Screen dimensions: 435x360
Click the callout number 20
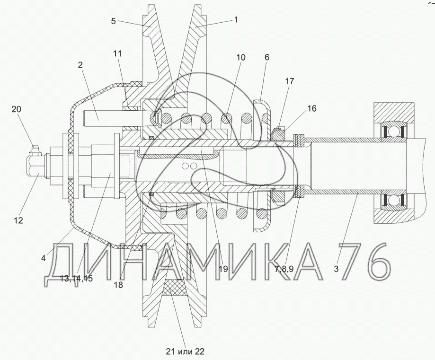click(x=16, y=109)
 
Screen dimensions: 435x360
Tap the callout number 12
click(x=18, y=220)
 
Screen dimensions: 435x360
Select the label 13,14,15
click(x=77, y=279)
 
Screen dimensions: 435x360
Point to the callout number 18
click(x=118, y=285)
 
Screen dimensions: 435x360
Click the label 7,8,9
click(x=284, y=269)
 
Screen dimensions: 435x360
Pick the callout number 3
click(x=336, y=269)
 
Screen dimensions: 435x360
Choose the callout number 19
click(x=223, y=269)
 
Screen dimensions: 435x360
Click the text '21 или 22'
click(x=185, y=351)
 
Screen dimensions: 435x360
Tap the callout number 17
click(x=289, y=81)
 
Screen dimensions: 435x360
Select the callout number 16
click(x=312, y=108)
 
